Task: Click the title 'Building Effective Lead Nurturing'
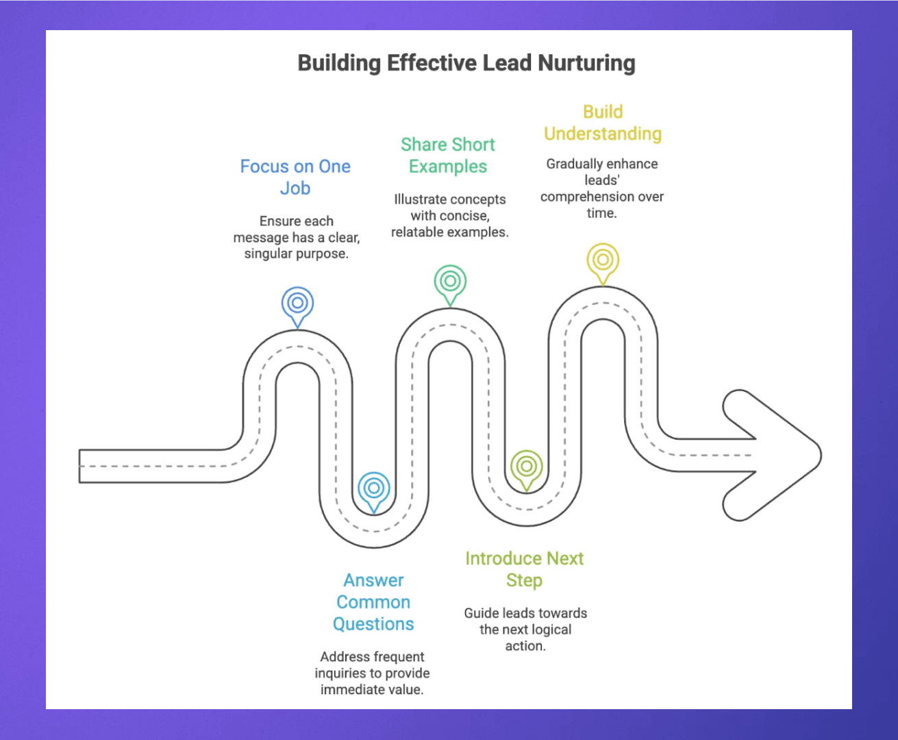tap(466, 63)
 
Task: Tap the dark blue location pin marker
tap(297, 304)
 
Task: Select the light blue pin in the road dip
tap(374, 489)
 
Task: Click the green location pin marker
tap(450, 282)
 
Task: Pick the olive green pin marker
tap(526, 467)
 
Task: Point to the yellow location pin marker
tap(603, 261)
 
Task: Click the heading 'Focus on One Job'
tap(295, 177)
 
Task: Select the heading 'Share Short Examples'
tap(448, 156)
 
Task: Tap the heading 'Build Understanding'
tap(603, 123)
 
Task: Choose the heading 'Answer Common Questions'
tap(373, 602)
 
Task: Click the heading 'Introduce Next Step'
tap(524, 569)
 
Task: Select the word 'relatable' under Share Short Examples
tap(417, 232)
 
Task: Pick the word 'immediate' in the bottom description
tap(346, 689)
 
